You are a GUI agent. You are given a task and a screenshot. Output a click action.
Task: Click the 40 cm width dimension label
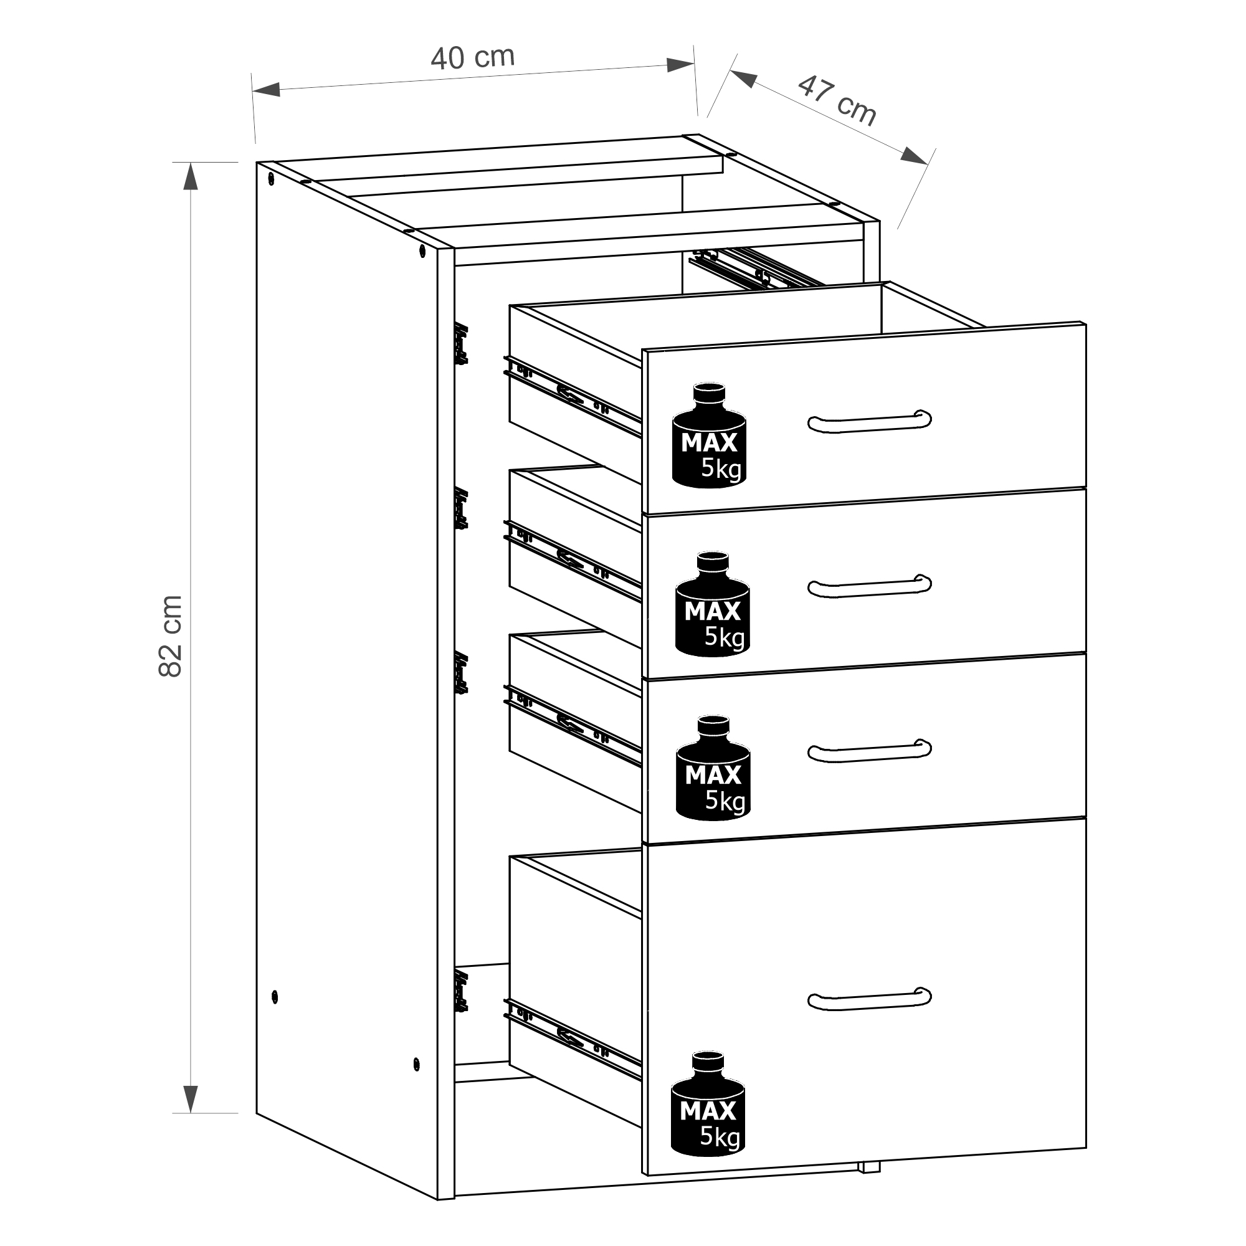473,57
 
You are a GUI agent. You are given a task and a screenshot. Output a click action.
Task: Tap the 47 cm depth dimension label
837,100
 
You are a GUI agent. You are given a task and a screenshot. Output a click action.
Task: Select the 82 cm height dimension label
170,636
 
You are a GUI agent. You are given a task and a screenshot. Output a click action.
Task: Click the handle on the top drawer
869,421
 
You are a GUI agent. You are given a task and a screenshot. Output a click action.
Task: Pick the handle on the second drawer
869,585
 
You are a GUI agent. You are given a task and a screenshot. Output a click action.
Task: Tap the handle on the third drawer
869,750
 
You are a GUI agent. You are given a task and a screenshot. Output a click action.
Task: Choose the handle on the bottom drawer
869,997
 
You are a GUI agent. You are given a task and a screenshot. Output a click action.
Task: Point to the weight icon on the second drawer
713,604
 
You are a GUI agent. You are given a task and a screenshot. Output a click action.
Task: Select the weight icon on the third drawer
713,768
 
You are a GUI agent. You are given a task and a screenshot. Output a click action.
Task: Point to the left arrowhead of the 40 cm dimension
266,89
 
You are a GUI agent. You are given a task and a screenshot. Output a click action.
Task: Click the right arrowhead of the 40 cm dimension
680,65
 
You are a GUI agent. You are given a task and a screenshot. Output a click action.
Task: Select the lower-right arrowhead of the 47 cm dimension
915,156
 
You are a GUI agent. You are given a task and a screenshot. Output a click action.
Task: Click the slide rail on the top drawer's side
573,396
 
